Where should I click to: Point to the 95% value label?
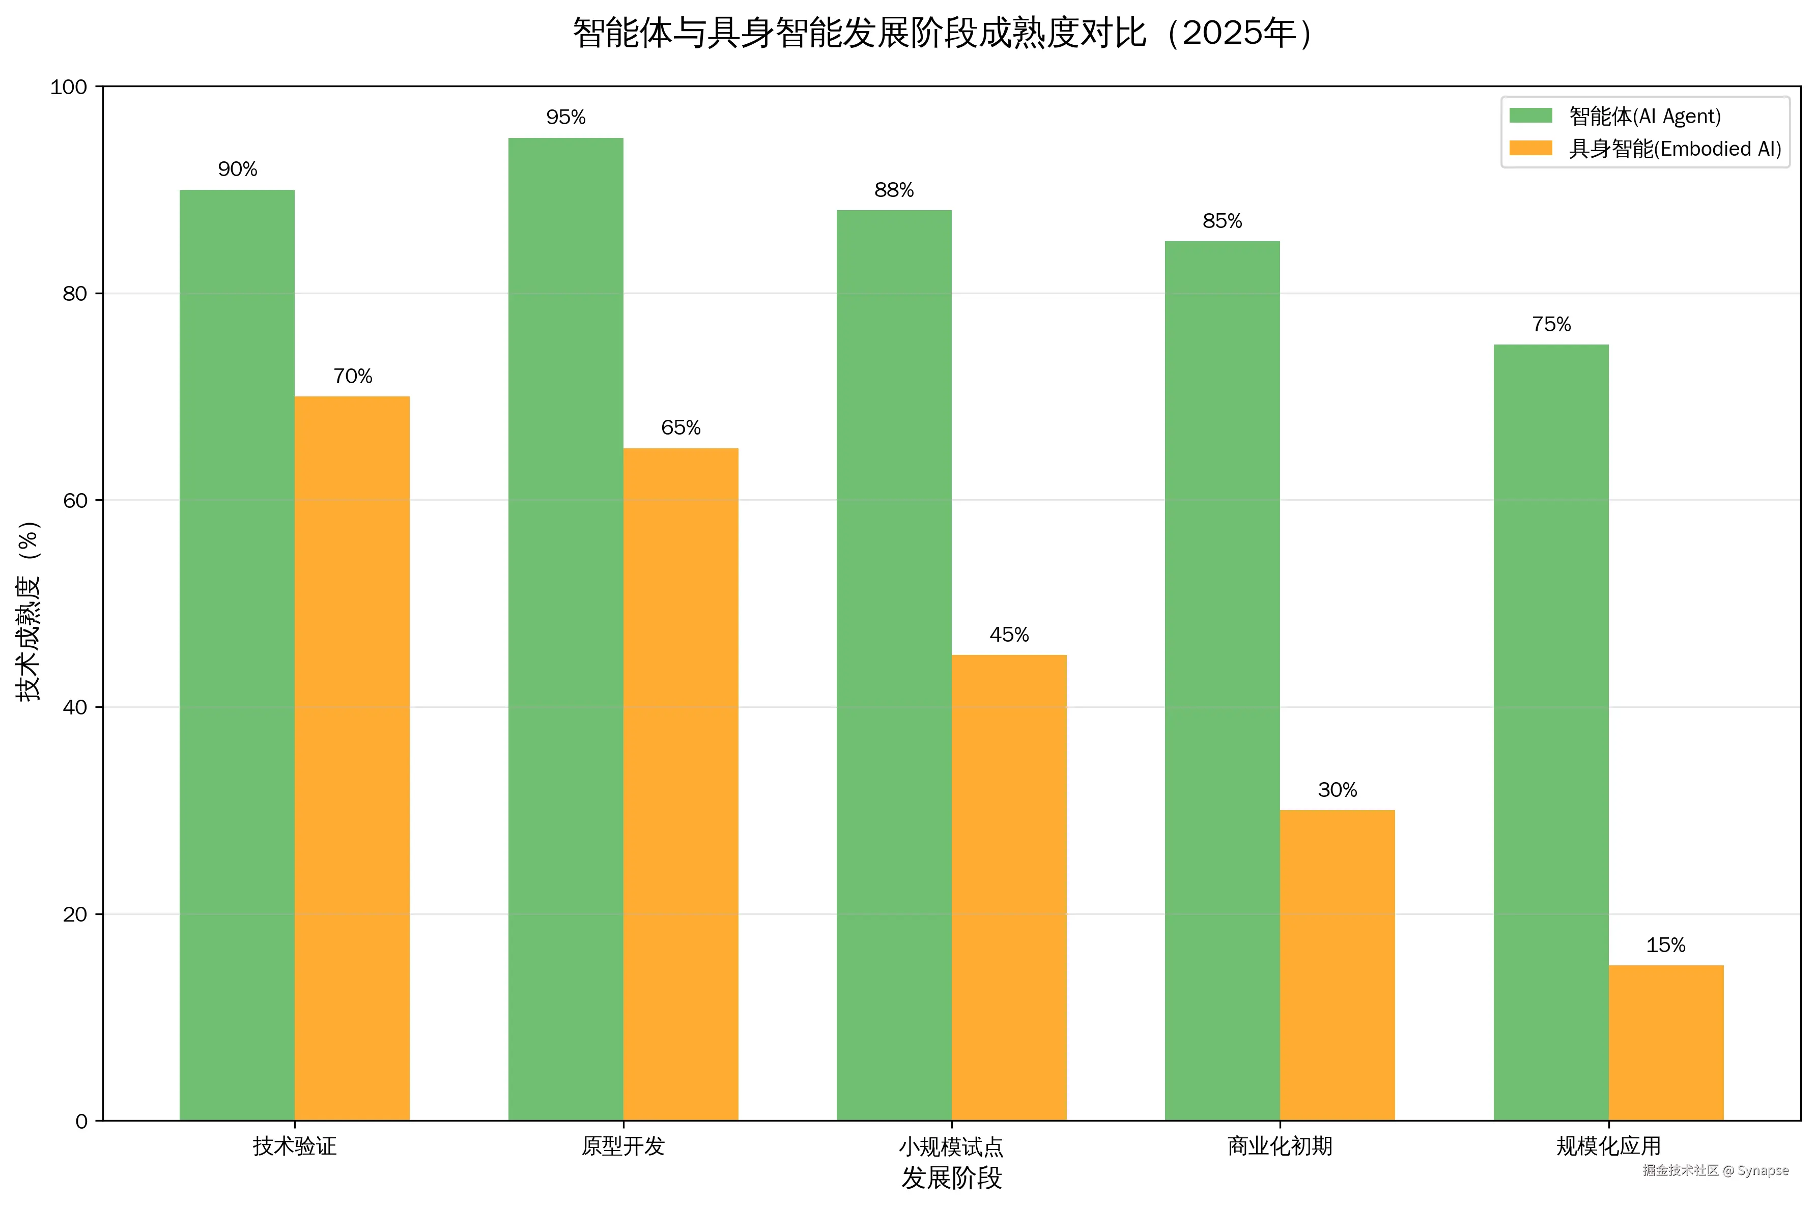(565, 118)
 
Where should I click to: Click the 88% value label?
(894, 190)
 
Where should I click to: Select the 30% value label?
(1337, 790)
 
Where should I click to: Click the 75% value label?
(1551, 324)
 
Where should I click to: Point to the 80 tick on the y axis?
(74, 294)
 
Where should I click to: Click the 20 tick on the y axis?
(74, 914)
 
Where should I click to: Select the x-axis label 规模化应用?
(1608, 1146)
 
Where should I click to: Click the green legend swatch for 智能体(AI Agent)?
(1530, 116)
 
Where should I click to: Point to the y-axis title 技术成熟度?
(29, 611)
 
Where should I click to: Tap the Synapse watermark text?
(1763, 1170)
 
